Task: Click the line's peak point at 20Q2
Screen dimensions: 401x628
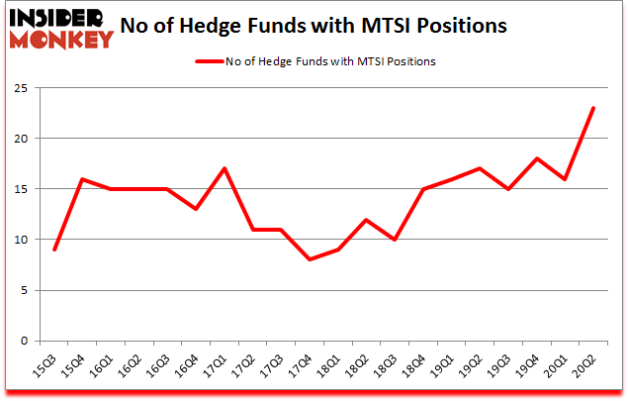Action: coord(592,108)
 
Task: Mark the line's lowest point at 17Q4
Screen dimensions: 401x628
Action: coord(310,259)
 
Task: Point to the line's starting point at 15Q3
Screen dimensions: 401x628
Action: coord(53,250)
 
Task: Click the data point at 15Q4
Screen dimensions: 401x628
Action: coord(82,179)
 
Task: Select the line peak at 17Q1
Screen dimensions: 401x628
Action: coord(224,168)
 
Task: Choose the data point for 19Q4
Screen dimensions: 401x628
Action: coord(536,158)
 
